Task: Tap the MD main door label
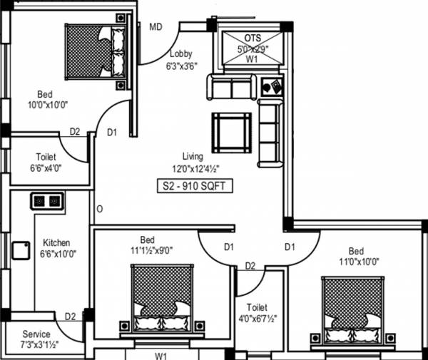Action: click(x=156, y=27)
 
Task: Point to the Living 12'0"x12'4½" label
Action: click(x=192, y=162)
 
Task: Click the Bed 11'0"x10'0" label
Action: click(x=356, y=256)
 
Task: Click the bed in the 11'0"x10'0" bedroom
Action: click(x=354, y=307)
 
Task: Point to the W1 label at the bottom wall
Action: click(x=161, y=354)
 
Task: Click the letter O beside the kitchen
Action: click(x=100, y=209)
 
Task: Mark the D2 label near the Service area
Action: click(x=70, y=317)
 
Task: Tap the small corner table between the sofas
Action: click(x=271, y=88)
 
